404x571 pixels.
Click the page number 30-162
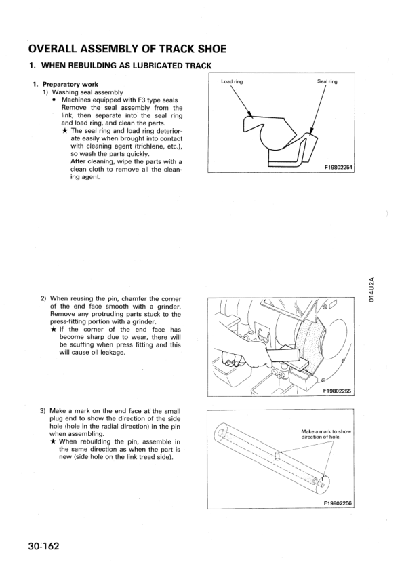tap(43, 547)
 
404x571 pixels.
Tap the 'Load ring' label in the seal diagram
tap(232, 81)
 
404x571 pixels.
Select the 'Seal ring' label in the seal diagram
tap(327, 81)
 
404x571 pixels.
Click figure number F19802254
tap(339, 168)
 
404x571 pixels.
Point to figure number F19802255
tap(337, 391)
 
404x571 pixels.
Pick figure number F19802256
tap(338, 503)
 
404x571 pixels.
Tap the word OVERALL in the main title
tap(52, 49)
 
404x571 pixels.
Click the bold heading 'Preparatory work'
tap(70, 85)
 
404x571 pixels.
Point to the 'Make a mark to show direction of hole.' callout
tap(326, 434)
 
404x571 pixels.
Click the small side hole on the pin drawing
tap(278, 455)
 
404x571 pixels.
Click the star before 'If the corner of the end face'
tap(53, 330)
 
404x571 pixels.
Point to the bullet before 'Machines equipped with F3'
tap(54, 100)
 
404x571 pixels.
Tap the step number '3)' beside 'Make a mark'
tap(43, 411)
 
